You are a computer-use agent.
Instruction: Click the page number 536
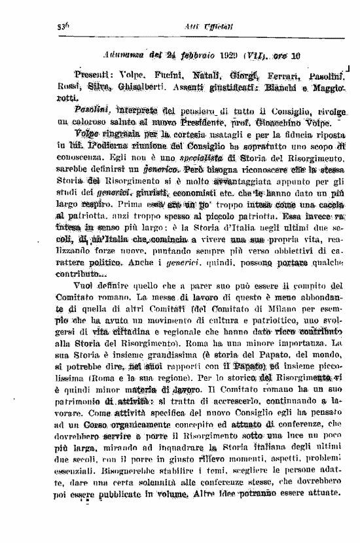63,27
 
